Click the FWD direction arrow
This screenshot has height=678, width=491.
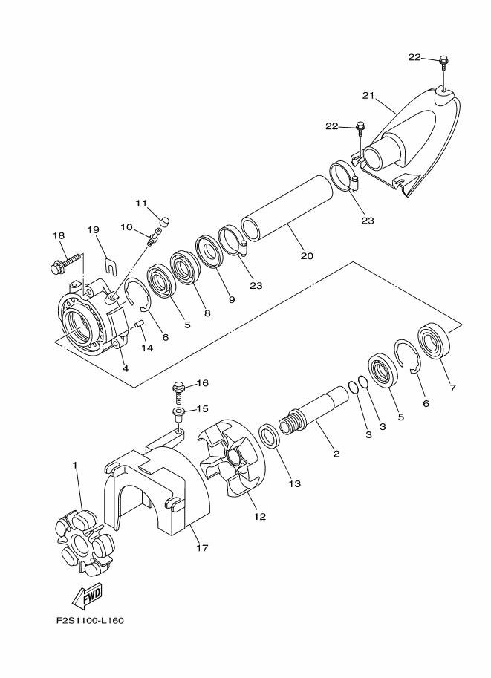pos(87,595)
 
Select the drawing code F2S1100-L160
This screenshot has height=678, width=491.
pos(89,621)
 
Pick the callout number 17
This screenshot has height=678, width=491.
pos(201,548)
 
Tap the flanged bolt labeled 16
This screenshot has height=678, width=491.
pos(178,386)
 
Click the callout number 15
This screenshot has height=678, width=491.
pos(201,409)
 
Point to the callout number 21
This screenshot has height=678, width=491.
pos(367,94)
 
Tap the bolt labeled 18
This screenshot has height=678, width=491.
pos(65,262)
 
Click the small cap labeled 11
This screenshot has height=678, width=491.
pos(165,221)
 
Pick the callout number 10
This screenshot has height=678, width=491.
pos(126,227)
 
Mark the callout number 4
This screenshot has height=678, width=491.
pos(124,368)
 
